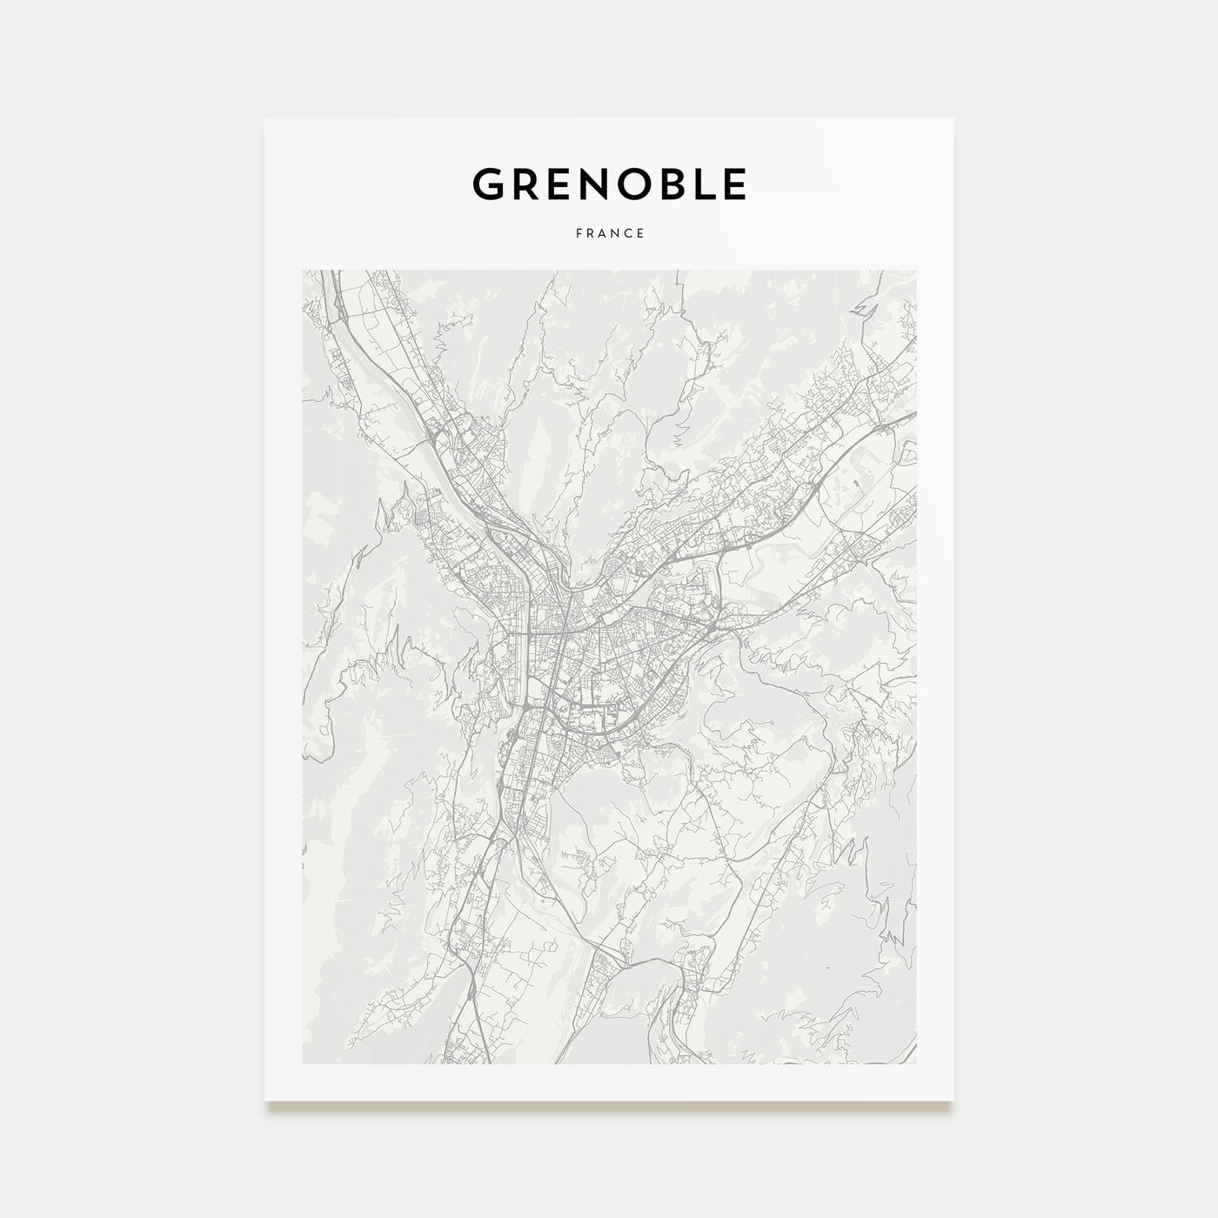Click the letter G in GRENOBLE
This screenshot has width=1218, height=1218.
[x=488, y=184]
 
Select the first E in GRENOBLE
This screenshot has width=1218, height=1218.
[x=560, y=184]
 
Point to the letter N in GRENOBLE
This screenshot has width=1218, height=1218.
[x=597, y=184]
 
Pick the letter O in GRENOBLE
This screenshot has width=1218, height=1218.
[x=639, y=184]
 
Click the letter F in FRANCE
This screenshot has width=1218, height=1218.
[x=578, y=233]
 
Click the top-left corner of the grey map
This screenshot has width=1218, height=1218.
[x=303, y=271]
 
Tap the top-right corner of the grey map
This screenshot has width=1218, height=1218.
[x=916, y=271]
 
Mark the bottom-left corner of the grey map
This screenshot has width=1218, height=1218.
[x=303, y=1063]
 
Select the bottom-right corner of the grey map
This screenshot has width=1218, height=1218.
[x=916, y=1063]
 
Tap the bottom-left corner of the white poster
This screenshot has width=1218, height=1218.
[x=265, y=1101]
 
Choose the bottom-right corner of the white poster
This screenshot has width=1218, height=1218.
[x=954, y=1101]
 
